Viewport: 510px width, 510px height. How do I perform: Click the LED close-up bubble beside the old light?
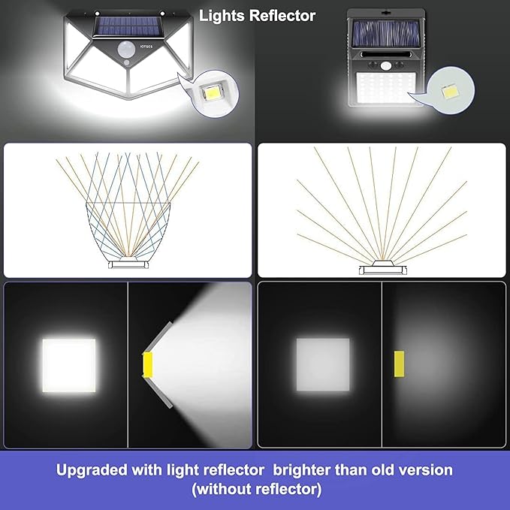pyautogui.click(x=454, y=90)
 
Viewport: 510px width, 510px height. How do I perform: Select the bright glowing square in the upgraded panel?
pyautogui.click(x=68, y=365)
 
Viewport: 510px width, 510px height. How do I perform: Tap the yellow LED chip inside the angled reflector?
pyautogui.click(x=149, y=364)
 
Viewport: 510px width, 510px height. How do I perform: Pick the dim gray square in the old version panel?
pyautogui.click(x=322, y=365)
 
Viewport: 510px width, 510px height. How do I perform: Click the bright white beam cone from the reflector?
pyautogui.click(x=210, y=346)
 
